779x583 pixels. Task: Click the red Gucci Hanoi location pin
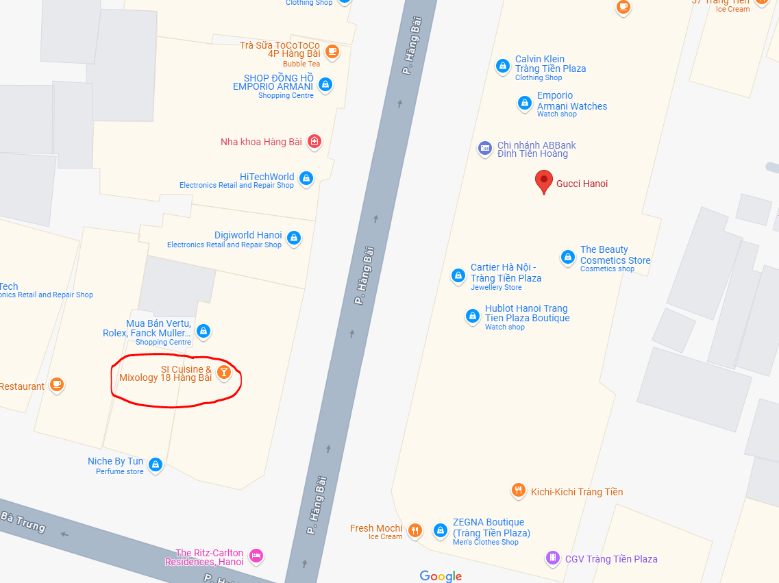click(544, 182)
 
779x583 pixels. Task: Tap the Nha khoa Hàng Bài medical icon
click(314, 142)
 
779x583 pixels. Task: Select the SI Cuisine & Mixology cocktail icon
click(223, 373)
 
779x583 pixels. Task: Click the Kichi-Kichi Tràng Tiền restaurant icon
click(518, 491)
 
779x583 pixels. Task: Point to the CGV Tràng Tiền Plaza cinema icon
click(552, 558)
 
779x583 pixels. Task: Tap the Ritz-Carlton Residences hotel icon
click(256, 556)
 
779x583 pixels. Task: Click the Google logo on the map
click(441, 576)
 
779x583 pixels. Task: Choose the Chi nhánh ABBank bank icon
click(484, 148)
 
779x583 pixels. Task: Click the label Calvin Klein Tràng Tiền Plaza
click(550, 64)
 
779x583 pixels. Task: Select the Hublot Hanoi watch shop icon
click(472, 316)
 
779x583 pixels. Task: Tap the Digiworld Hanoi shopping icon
click(294, 238)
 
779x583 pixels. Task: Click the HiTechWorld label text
click(267, 177)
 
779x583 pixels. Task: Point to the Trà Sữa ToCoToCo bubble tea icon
click(332, 51)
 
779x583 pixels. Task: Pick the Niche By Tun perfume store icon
click(156, 464)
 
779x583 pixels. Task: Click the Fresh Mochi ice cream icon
click(415, 530)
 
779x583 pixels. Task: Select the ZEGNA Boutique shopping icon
click(440, 530)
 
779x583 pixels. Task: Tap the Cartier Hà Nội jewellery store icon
click(458, 275)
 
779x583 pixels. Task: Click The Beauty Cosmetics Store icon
click(567, 257)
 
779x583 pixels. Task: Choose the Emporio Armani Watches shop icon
click(524, 103)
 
